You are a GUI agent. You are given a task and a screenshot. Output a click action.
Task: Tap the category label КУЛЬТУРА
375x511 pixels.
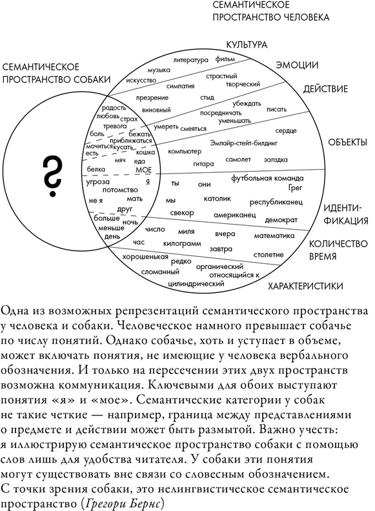[247, 45]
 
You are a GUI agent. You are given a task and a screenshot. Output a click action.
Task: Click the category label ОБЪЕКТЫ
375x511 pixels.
[347, 142]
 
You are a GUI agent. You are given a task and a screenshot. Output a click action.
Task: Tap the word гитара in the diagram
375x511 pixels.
[203, 164]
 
